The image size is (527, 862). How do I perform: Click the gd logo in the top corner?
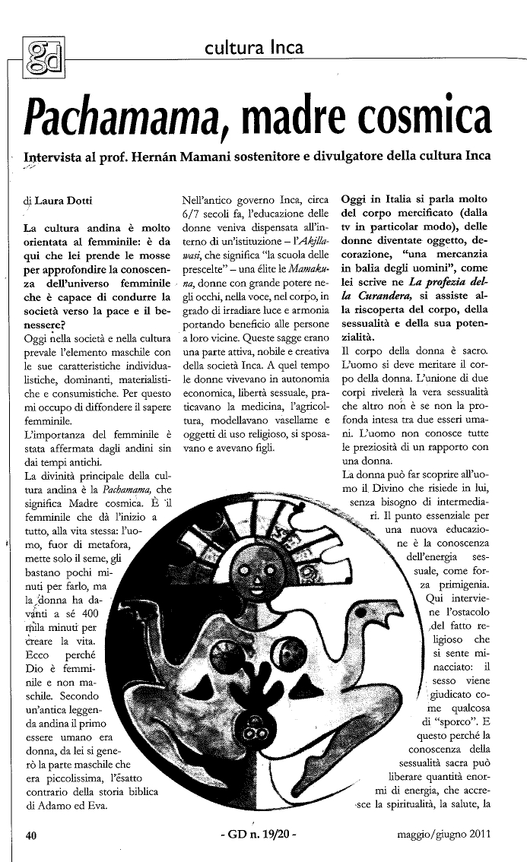(x=44, y=55)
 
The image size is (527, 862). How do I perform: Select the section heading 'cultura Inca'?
(x=254, y=48)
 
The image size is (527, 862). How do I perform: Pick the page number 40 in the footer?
(x=31, y=835)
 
